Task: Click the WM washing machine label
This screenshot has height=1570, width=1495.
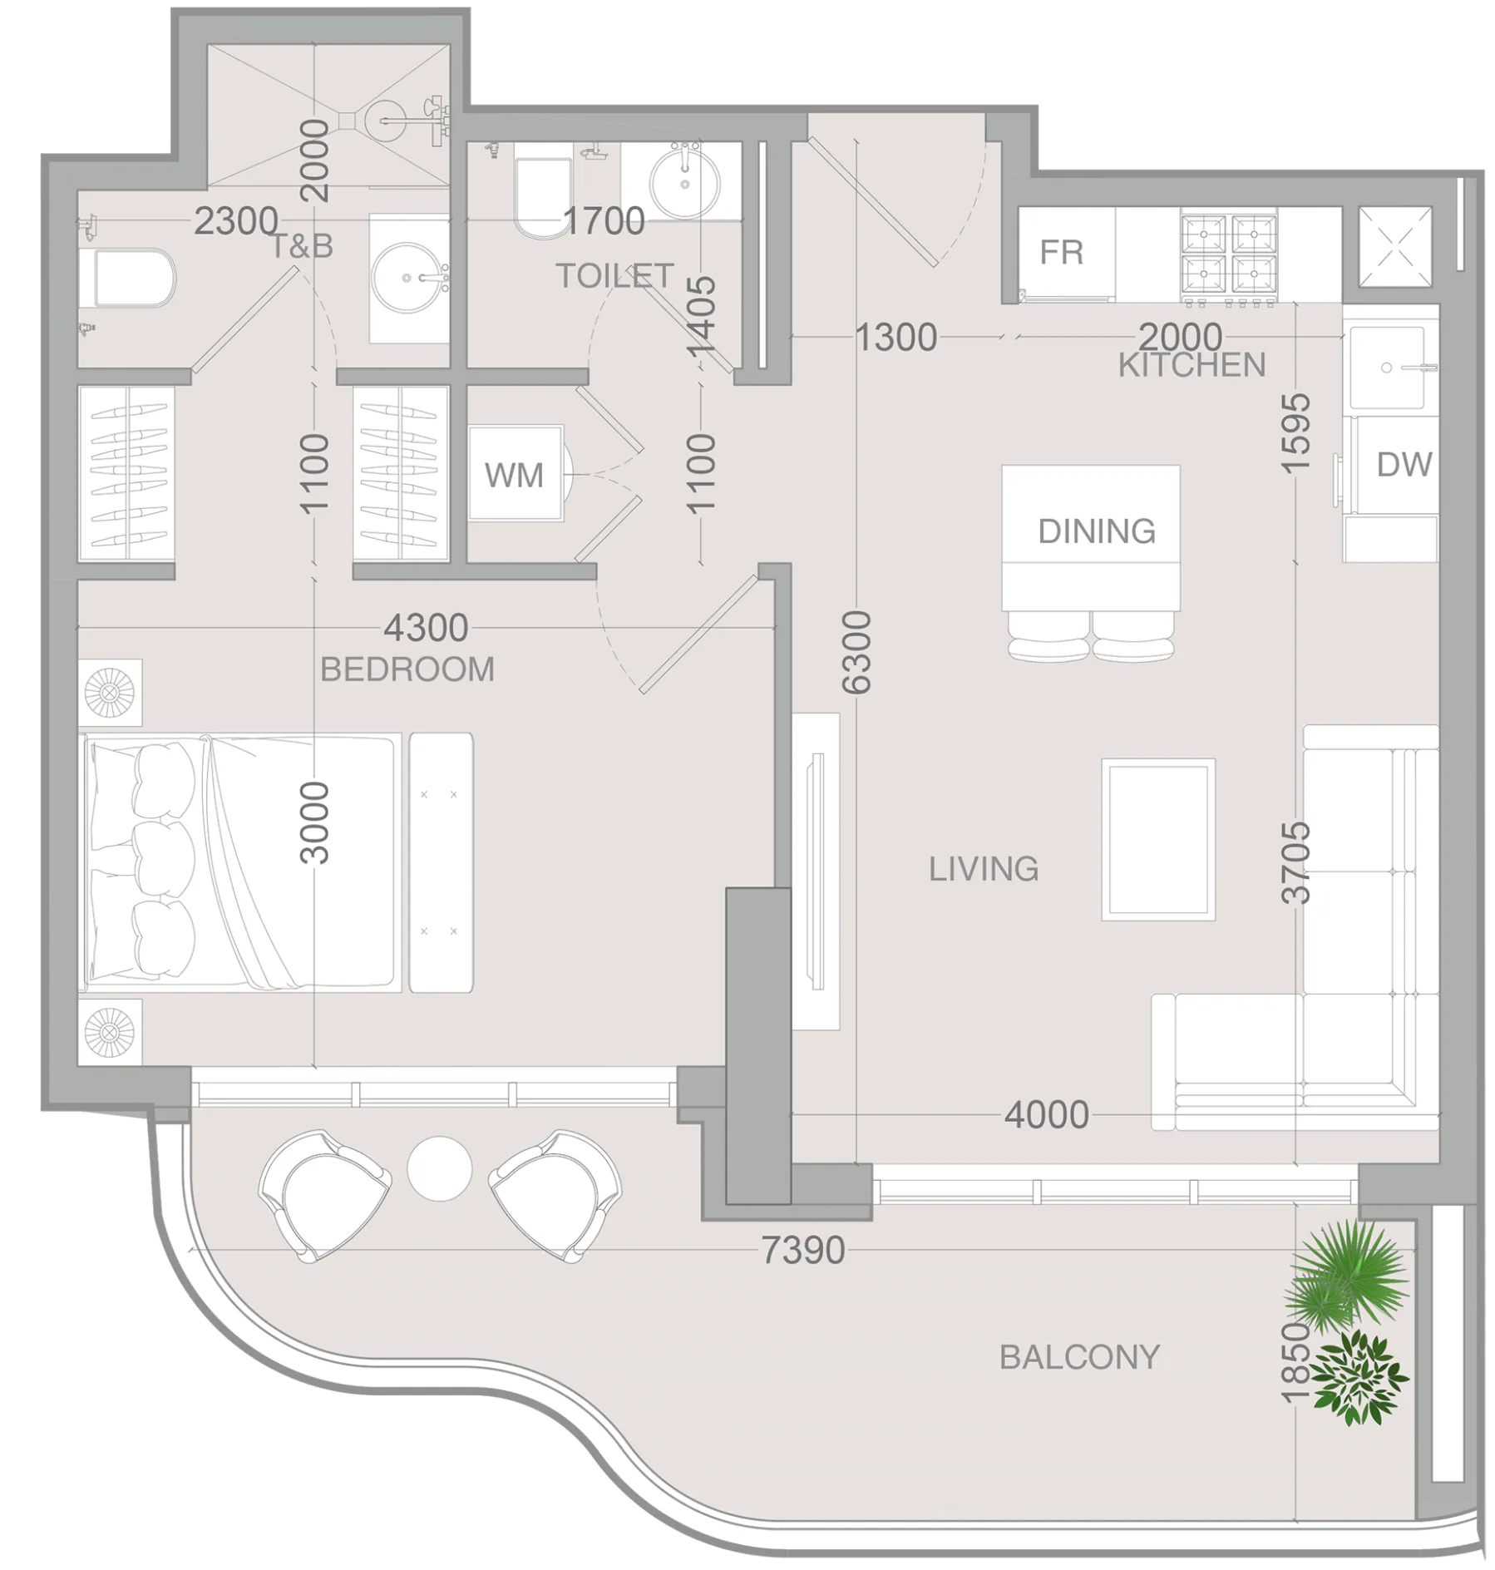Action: pos(514,476)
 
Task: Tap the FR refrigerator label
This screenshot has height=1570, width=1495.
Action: pos(1062,252)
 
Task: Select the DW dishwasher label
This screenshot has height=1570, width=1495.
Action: pos(1404,465)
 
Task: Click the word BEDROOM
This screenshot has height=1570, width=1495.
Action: pos(407,669)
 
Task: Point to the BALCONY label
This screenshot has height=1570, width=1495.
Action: pos(1079,1357)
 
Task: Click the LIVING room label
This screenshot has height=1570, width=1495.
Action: pos(984,869)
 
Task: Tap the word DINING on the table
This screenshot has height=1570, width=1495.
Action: pos(1097,531)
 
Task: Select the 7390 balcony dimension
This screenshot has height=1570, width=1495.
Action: pos(803,1250)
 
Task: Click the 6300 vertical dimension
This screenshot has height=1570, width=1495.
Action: pos(856,652)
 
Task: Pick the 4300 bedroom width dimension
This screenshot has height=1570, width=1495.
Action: pos(426,628)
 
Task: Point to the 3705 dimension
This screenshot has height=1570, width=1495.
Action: pos(1296,863)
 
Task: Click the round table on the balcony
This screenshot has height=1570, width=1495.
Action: pos(440,1168)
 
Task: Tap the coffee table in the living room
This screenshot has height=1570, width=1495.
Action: pos(1158,839)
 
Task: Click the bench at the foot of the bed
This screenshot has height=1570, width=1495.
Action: pos(442,862)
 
